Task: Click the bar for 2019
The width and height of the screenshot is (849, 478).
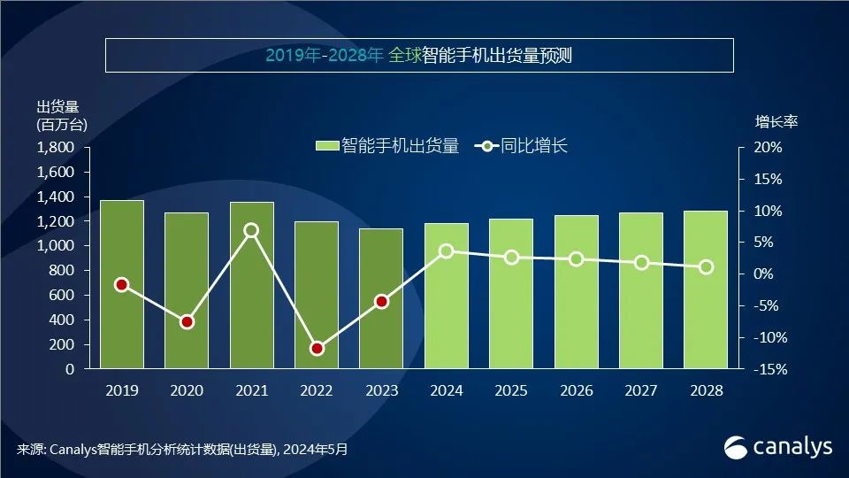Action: [x=121, y=284]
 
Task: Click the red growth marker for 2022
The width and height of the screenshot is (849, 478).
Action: [x=317, y=348]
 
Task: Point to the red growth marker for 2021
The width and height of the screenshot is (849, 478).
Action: [x=251, y=230]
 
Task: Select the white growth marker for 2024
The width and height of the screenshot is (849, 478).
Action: [x=447, y=251]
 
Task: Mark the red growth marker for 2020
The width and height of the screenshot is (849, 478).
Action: [x=187, y=321]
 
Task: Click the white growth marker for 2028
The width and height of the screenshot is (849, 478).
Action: [x=706, y=267]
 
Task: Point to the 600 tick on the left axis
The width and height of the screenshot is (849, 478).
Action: [x=64, y=295]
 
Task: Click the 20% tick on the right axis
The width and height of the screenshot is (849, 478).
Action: [x=769, y=147]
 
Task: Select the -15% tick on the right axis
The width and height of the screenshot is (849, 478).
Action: [x=767, y=369]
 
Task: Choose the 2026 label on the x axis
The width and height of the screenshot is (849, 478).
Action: [x=576, y=390]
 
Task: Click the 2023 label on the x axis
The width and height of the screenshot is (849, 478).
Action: [x=381, y=390]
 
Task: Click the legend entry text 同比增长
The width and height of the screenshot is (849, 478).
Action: [x=534, y=146]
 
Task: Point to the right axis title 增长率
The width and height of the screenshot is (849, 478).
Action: [x=776, y=121]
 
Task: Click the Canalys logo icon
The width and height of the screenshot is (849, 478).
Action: [x=736, y=447]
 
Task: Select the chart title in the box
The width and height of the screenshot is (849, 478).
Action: [x=419, y=55]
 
